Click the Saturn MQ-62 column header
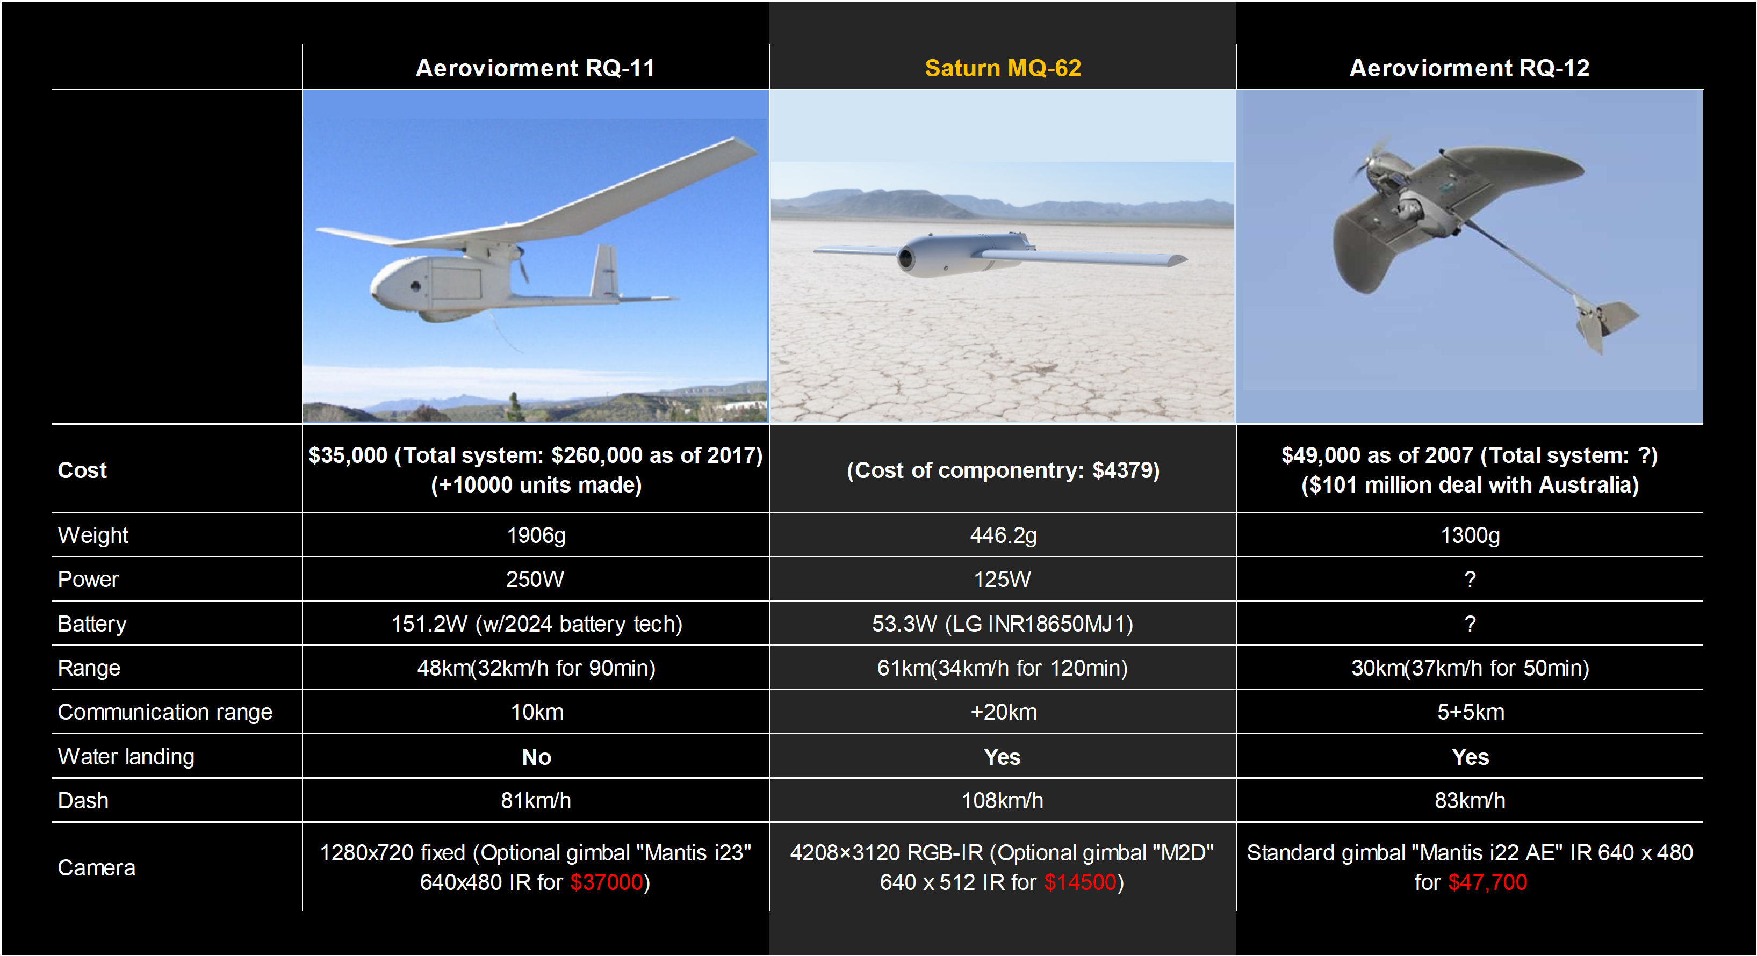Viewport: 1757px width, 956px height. tap(1003, 68)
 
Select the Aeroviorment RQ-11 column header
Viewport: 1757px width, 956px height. tap(535, 68)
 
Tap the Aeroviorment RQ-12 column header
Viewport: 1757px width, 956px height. tap(1470, 68)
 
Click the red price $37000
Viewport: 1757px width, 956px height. tap(607, 882)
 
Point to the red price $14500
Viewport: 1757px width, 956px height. tap(1081, 882)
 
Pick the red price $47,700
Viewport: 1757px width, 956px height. tap(1488, 882)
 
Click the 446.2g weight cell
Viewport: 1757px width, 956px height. tap(1003, 536)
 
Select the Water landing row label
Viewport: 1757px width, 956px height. tap(126, 757)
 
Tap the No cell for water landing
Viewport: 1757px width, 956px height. tap(536, 757)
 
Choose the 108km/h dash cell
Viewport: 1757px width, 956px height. tap(1003, 801)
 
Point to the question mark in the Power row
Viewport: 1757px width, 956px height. tap(1470, 580)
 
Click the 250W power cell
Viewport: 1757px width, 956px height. tap(535, 580)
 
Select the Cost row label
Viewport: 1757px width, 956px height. tap(83, 470)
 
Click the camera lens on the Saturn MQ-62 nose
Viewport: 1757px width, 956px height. tap(906, 258)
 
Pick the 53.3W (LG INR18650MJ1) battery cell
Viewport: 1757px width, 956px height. tap(1003, 624)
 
